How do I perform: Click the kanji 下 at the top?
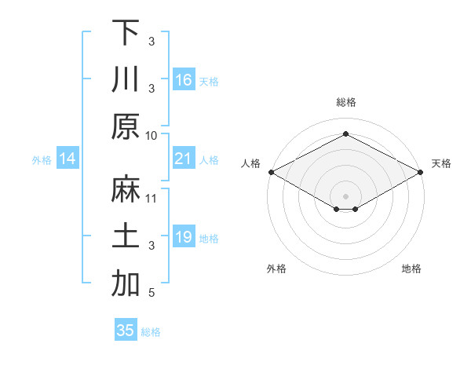(x=126, y=32)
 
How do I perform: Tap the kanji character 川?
(x=126, y=79)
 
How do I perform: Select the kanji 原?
(x=126, y=126)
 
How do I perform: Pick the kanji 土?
(x=126, y=236)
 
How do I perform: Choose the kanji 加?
(x=126, y=283)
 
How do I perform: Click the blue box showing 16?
(x=184, y=79)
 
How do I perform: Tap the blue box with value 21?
(x=184, y=159)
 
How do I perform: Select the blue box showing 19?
(x=184, y=237)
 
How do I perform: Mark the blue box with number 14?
(x=68, y=159)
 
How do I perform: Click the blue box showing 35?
(x=126, y=331)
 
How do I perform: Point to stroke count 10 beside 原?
(x=152, y=135)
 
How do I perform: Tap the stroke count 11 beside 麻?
(x=152, y=198)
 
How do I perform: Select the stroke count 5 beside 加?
(x=152, y=293)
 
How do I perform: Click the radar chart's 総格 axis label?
(x=346, y=102)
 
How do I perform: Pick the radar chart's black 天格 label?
(x=442, y=163)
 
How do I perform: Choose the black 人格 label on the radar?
(x=250, y=163)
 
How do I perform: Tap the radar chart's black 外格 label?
(x=276, y=269)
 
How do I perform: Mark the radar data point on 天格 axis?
(x=422, y=172)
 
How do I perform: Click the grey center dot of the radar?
(x=346, y=195)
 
